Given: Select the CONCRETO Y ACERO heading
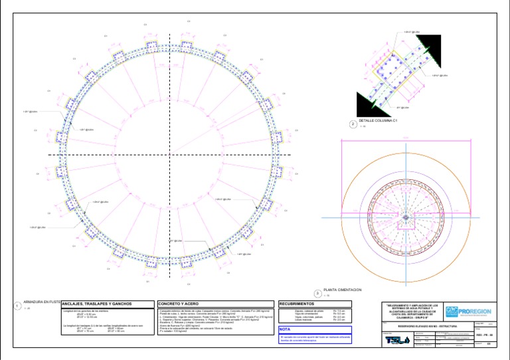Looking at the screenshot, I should tap(179, 303).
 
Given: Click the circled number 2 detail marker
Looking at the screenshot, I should tap(353, 124).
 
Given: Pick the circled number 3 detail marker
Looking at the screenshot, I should tap(317, 293).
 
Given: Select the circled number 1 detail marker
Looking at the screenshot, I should tap(17, 306).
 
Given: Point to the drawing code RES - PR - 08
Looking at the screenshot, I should tap(484, 336).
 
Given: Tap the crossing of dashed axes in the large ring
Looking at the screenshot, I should tap(166, 155).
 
